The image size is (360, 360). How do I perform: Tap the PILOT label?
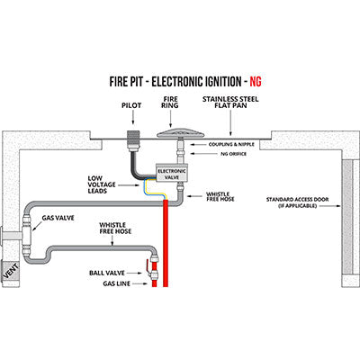pyautogui.click(x=130, y=104)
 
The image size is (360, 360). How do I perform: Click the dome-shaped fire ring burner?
pyautogui.click(x=179, y=131)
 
